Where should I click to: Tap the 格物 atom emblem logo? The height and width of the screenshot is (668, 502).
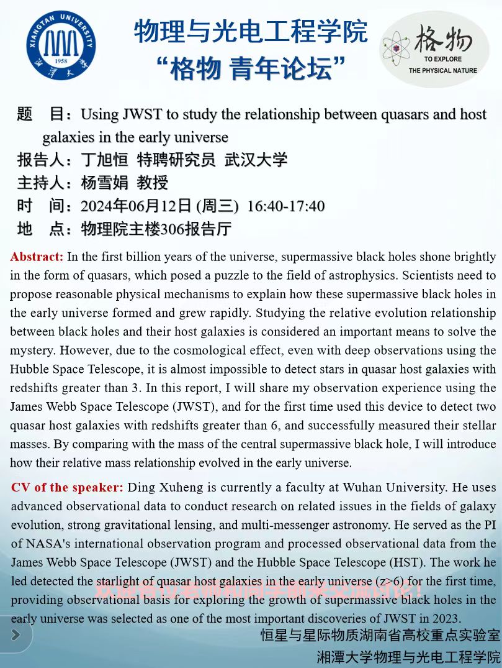click(x=434, y=48)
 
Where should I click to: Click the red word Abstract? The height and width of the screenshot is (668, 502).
click(x=37, y=257)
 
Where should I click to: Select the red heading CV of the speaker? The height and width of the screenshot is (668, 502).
click(x=67, y=487)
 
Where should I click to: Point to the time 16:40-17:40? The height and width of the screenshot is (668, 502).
click(x=285, y=206)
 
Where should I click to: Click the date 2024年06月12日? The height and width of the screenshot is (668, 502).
click(x=137, y=206)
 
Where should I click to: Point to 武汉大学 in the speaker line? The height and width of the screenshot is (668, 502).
click(x=256, y=160)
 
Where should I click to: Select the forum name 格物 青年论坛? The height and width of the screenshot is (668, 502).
click(x=251, y=68)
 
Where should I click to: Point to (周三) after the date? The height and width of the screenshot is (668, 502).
click(x=217, y=206)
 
